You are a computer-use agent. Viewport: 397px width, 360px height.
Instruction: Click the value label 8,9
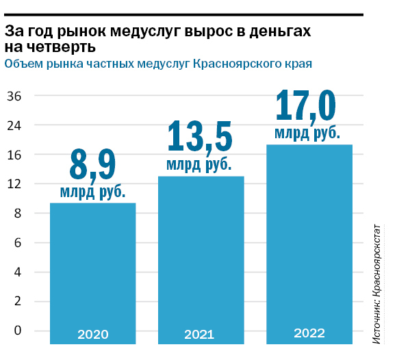92,165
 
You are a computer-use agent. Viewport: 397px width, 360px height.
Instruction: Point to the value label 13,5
200,136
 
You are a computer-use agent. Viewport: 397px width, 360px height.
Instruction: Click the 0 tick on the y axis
18,331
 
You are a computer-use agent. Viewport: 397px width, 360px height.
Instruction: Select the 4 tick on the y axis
18,272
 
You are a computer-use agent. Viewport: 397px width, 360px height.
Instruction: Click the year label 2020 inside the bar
92,335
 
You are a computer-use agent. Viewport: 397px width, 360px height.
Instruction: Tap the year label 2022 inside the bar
309,333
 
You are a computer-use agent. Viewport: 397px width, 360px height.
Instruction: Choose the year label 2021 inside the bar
200,335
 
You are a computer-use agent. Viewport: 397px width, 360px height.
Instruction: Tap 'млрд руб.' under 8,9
92,192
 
